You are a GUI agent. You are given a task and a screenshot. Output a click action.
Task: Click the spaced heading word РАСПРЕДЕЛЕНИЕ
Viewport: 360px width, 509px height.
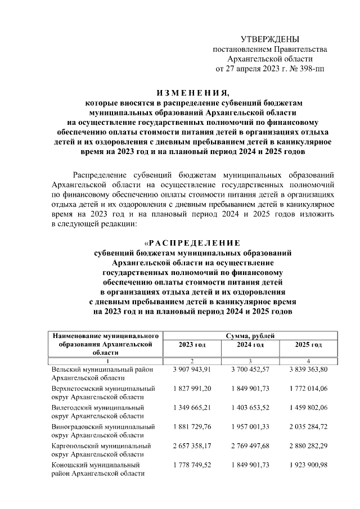193,242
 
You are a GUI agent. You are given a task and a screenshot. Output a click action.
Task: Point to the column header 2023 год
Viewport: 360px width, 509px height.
192,344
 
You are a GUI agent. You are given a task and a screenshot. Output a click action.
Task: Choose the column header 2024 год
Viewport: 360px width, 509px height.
250,344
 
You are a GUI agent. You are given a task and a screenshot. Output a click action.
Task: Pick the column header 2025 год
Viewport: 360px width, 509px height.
308,344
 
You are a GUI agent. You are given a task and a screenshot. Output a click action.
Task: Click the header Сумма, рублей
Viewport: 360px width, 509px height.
250,335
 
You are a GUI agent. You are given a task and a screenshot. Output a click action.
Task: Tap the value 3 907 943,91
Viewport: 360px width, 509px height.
192,370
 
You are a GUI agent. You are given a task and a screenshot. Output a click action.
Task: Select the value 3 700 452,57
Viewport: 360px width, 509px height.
250,370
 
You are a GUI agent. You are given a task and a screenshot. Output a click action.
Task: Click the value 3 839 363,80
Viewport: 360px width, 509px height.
308,370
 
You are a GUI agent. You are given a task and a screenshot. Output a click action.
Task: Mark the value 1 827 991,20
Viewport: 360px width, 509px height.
192,389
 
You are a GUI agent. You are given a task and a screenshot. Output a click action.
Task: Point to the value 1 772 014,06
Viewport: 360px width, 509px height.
308,389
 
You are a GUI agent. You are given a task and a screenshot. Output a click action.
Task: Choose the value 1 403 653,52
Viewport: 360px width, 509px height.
250,407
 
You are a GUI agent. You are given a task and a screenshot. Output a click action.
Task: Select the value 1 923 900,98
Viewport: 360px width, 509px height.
308,465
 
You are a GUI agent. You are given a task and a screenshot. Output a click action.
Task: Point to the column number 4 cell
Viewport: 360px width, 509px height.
308,361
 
